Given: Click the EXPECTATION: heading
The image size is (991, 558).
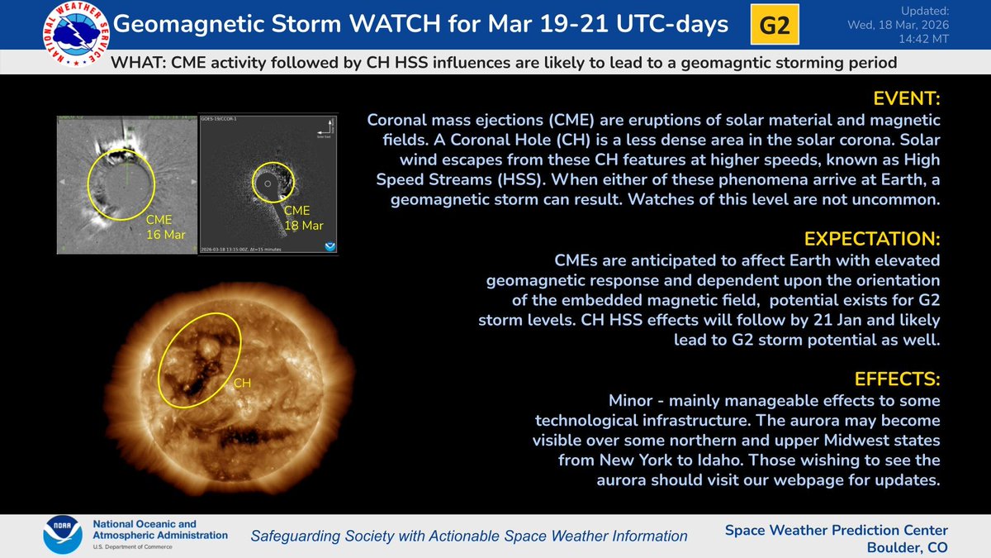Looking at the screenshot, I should [x=872, y=240].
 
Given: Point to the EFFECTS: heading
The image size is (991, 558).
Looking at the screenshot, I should [x=898, y=379].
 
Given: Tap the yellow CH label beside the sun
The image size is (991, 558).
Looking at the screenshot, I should [x=243, y=383].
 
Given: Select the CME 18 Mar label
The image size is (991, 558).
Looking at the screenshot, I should [x=302, y=219].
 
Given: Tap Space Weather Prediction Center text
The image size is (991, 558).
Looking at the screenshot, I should [x=836, y=530].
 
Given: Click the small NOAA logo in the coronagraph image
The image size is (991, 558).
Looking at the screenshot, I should [x=331, y=246].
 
